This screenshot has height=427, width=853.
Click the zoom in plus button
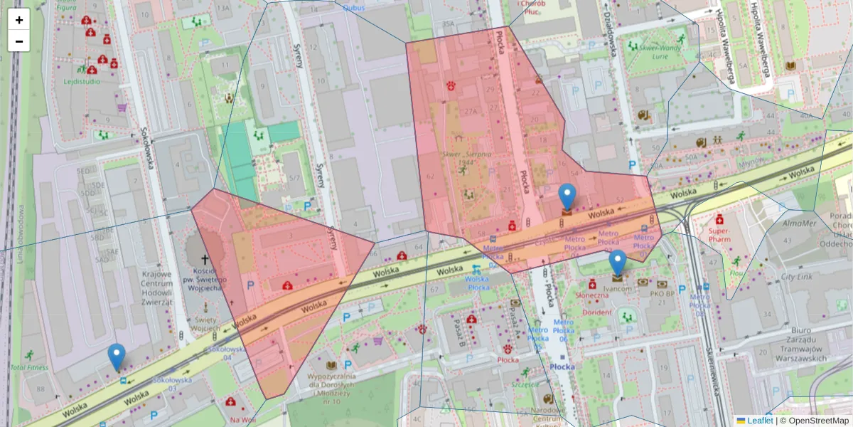pos(19,20)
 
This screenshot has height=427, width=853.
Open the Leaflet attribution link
pos(759,421)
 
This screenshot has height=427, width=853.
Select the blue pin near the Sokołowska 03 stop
pos(116,356)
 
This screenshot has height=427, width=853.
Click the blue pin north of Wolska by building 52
pos(567,196)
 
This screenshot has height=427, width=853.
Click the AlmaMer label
pos(796,223)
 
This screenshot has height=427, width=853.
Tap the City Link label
pos(796,277)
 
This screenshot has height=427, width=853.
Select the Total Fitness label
pos(30,368)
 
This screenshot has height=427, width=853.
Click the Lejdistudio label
pos(82,81)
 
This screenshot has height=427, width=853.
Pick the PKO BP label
pos(661,292)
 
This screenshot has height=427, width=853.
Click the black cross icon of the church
pos(205,260)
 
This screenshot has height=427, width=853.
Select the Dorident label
pos(596,312)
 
